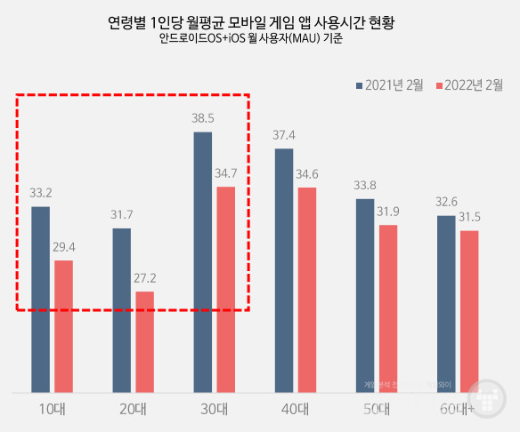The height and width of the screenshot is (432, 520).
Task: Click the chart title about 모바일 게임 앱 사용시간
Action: tap(260, 20)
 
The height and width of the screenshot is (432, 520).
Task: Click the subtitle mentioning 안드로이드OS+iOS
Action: tap(260, 40)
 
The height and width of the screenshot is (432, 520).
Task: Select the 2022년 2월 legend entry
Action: tap(469, 85)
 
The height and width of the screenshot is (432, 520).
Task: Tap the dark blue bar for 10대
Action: tap(40, 299)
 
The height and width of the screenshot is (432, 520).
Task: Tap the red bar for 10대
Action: tap(63, 325)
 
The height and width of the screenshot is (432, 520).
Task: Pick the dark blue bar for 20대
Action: tap(121, 309)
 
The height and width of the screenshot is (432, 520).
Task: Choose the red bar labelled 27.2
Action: tap(144, 341)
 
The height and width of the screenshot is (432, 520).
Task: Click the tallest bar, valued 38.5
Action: tap(202, 261)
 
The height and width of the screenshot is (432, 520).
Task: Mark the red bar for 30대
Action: tap(225, 289)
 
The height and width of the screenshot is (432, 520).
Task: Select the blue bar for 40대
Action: tap(284, 269)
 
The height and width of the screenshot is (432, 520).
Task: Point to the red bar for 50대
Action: tap(388, 308)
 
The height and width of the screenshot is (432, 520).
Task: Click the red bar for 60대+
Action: tap(469, 311)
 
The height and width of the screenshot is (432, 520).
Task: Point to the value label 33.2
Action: tap(40, 192)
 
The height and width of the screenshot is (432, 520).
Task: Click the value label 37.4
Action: tap(284, 135)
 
